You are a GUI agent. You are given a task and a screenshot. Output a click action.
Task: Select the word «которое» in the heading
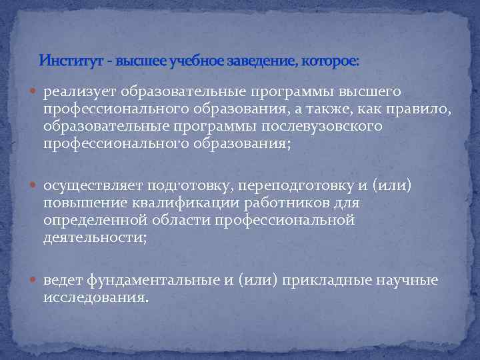330,61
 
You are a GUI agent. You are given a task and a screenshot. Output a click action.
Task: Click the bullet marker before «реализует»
35,91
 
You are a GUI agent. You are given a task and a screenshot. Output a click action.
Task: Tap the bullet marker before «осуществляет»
35,186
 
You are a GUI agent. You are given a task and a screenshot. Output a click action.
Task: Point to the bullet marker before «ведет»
35,281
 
